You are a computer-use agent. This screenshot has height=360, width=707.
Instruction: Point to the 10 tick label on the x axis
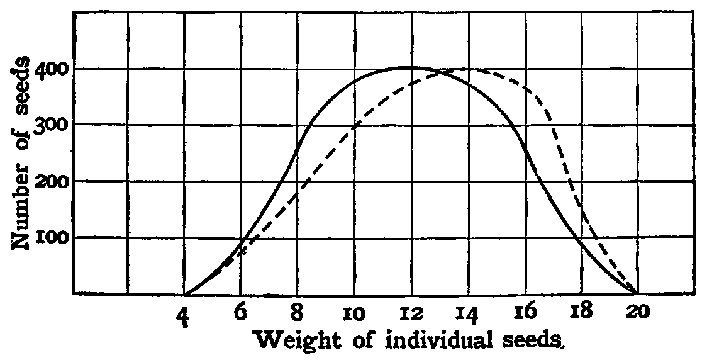click(354, 312)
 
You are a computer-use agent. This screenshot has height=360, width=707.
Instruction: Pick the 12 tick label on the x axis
click(410, 312)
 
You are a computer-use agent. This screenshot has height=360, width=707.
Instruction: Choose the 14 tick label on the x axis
click(467, 312)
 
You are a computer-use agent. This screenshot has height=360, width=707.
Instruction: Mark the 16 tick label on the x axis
click(523, 312)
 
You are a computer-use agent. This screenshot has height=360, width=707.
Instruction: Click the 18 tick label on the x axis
click(579, 312)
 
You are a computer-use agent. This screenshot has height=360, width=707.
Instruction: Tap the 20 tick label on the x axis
click(637, 312)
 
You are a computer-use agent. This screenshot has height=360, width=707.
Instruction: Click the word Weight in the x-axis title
click(293, 341)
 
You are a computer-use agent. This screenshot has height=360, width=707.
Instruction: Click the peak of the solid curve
click(410, 67)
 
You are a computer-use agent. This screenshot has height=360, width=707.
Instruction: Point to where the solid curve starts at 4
click(186, 294)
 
